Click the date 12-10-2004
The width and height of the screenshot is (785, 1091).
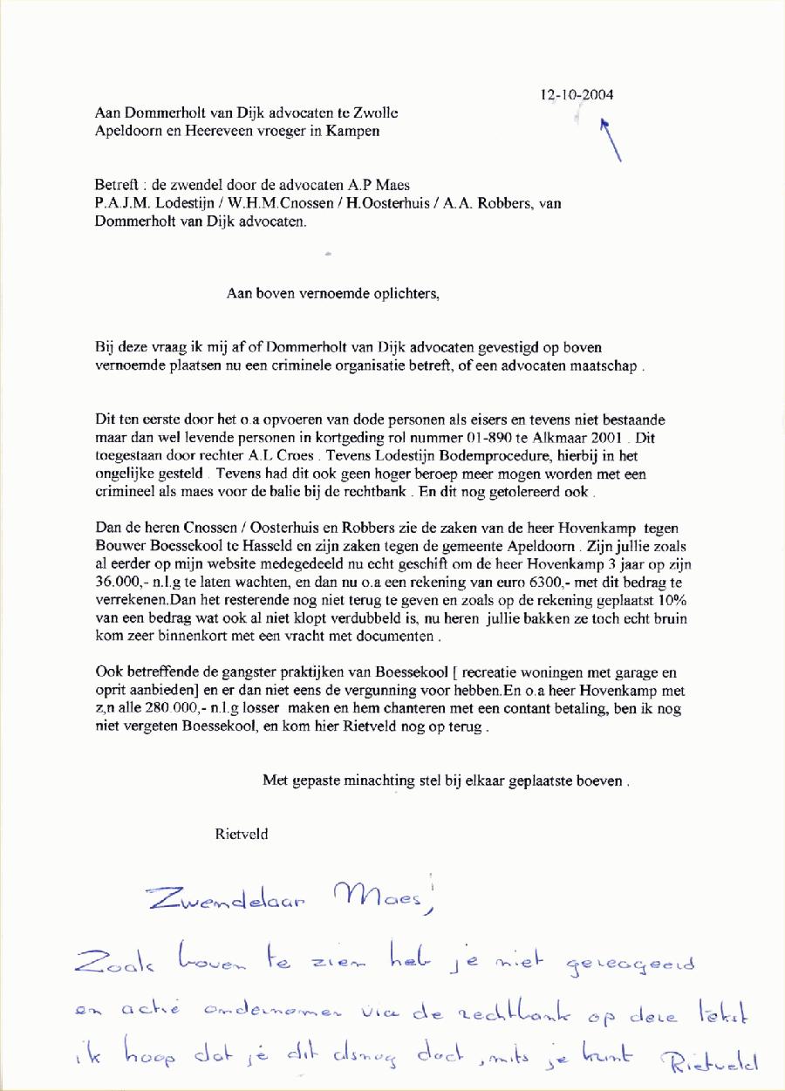click(x=577, y=95)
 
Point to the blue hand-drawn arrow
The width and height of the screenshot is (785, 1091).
click(x=611, y=139)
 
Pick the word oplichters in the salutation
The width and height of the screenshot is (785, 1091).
click(x=406, y=293)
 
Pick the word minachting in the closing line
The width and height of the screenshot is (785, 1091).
click(x=368, y=781)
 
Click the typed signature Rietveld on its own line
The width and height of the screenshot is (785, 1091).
click(x=242, y=834)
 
